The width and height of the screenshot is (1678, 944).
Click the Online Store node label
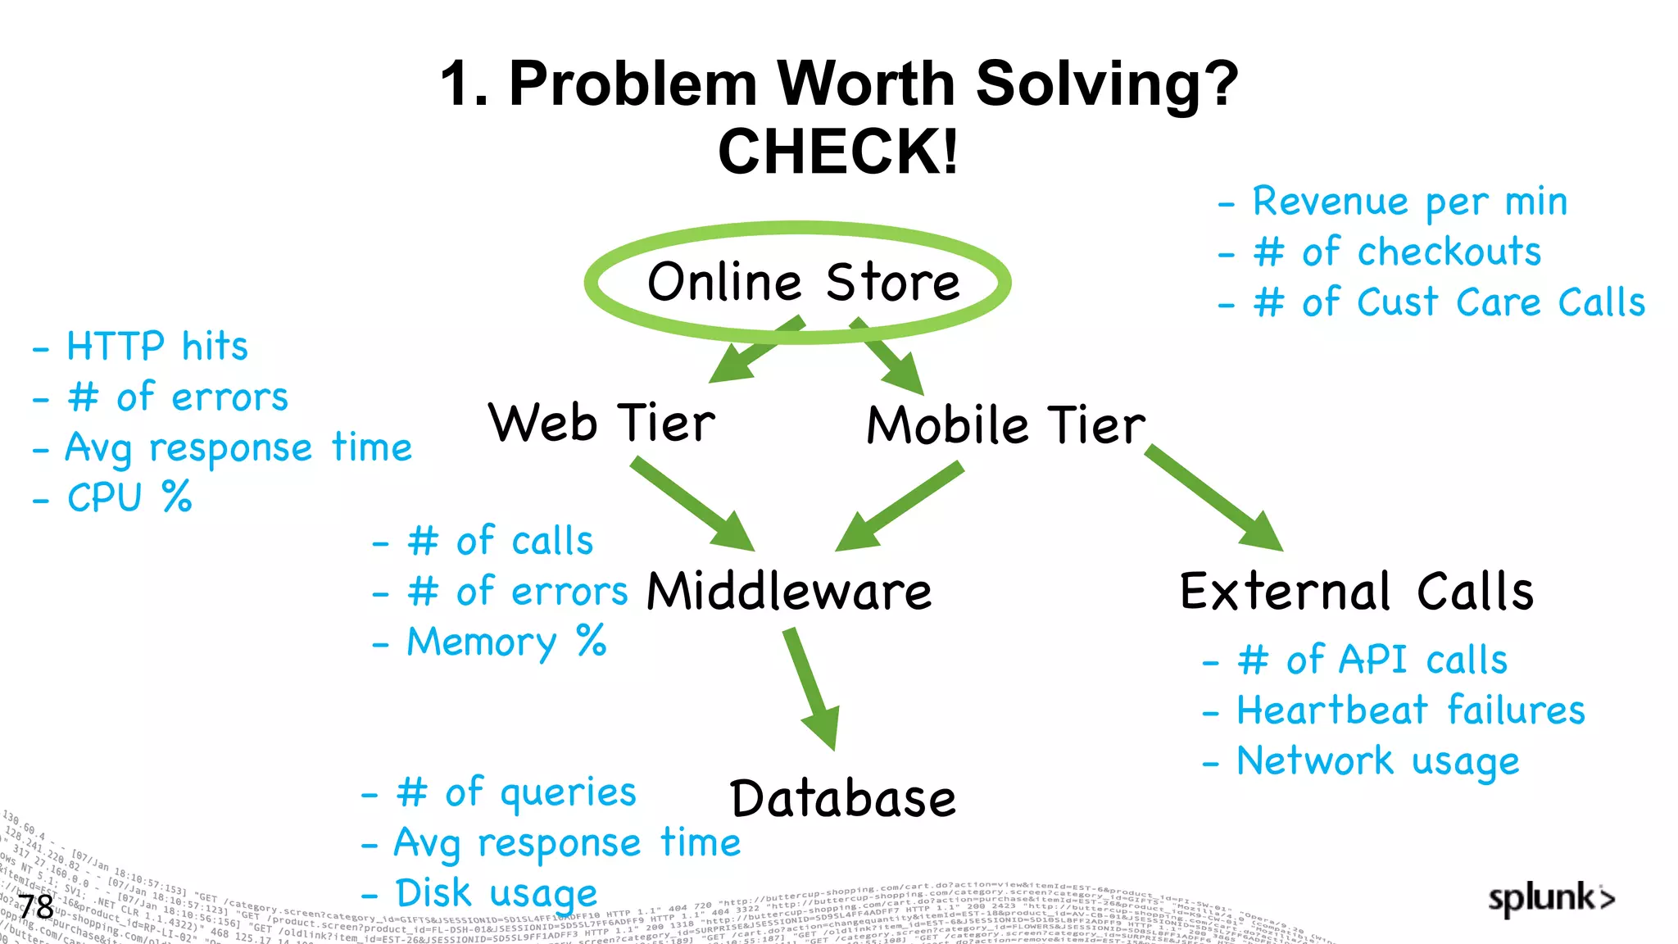(x=803, y=283)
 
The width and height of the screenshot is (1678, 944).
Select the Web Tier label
(x=601, y=424)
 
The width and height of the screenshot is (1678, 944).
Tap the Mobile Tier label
(x=1006, y=425)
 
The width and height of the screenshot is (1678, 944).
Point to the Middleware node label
(x=789, y=592)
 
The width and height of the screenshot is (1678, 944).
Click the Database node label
(x=843, y=799)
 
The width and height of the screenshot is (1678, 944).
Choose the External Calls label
(x=1357, y=592)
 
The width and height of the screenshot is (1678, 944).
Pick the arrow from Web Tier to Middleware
(x=692, y=504)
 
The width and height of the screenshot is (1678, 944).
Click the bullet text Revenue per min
(x=1409, y=202)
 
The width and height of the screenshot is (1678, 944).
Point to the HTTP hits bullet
(x=156, y=347)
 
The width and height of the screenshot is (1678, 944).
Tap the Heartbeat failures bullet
(x=1410, y=710)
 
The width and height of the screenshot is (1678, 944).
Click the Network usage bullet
(x=1377, y=761)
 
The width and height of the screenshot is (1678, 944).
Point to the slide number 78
(x=36, y=907)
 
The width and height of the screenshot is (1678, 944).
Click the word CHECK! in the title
(x=838, y=152)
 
